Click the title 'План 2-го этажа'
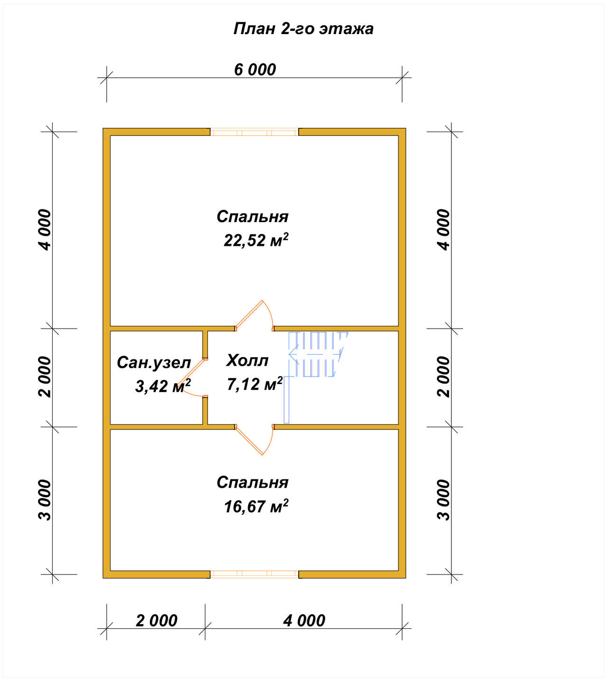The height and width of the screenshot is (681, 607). pos(303,29)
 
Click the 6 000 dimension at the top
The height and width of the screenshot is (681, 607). pos(255,70)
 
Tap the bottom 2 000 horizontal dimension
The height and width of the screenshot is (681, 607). pos(156,620)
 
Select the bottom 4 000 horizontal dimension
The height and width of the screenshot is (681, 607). pos(304,620)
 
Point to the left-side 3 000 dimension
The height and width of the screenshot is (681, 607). pos(45,500)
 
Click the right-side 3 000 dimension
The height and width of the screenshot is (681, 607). pos(443,500)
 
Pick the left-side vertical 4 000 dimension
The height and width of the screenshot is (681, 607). pos(45,230)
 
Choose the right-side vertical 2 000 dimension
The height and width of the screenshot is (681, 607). pos(443,377)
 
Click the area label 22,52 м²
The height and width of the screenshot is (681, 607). pos(256,240)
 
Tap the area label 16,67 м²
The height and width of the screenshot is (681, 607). pos(256,506)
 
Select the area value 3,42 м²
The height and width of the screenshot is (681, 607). pos(163,385)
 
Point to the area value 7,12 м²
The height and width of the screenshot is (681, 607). pos(255,384)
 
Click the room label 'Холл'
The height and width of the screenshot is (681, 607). pos(247,361)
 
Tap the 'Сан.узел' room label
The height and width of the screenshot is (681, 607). pos(154,363)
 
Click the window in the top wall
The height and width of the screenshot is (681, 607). pos(254,132)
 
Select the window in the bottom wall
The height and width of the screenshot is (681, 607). pos(254,574)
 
